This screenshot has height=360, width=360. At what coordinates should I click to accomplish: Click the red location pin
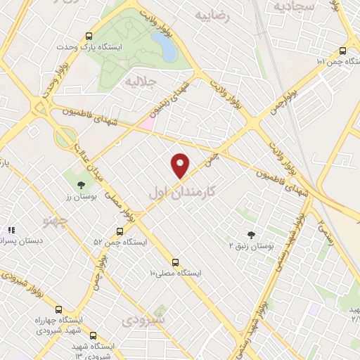pyautogui.click(x=181, y=165)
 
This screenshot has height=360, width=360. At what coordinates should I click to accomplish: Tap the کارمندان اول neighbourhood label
pyautogui.click(x=181, y=191)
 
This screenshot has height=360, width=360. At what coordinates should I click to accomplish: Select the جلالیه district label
pyautogui.click(x=139, y=82)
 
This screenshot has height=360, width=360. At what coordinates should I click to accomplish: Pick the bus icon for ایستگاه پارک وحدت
pyautogui.click(x=89, y=37)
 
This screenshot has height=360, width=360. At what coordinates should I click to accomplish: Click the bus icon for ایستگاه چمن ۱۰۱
pyautogui.click(x=342, y=51)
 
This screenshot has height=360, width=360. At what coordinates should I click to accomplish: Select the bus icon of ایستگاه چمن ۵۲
pyautogui.click(x=120, y=231)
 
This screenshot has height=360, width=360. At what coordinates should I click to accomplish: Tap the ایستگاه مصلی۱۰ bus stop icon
pyautogui.click(x=176, y=262)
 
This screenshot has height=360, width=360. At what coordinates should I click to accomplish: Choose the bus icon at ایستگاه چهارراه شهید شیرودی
pyautogui.click(x=58, y=309)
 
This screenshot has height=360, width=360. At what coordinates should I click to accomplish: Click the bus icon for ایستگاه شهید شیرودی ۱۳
pyautogui.click(x=93, y=336)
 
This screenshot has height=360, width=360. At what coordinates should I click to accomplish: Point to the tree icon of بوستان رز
pyautogui.click(x=81, y=184)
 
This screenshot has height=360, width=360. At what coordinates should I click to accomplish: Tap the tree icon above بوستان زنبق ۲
pyautogui.click(x=251, y=235)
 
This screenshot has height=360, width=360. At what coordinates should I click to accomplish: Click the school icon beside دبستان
pyautogui.click(x=11, y=230)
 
